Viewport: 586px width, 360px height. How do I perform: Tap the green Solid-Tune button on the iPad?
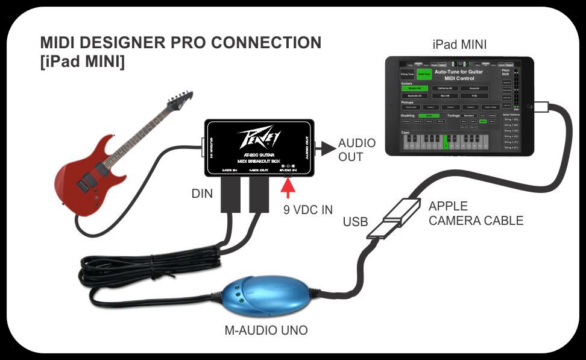[x=424, y=74]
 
